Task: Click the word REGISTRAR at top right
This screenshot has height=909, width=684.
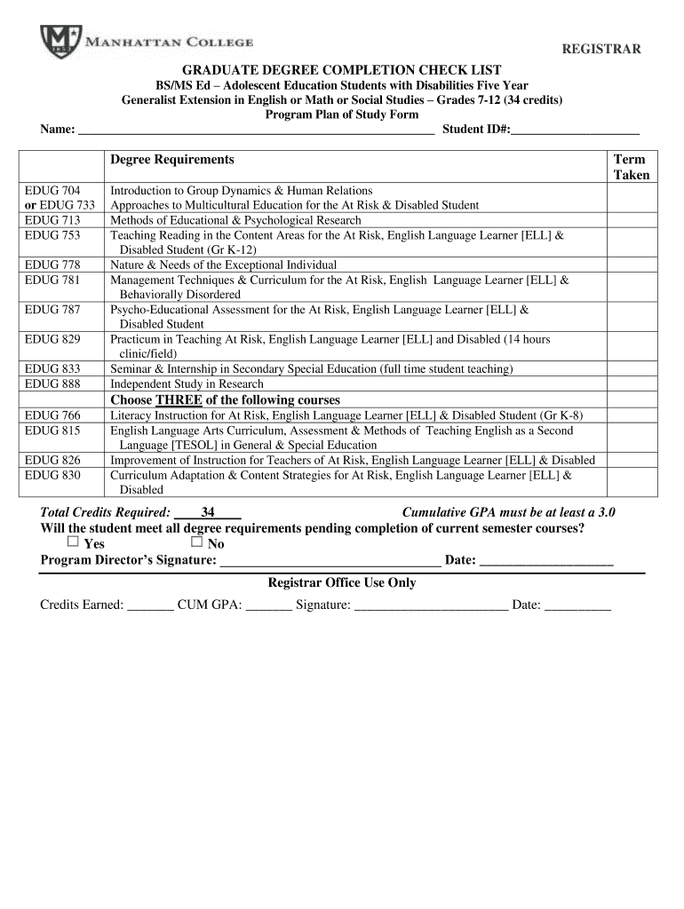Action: (x=600, y=49)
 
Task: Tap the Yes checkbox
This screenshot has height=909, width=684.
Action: (x=73, y=542)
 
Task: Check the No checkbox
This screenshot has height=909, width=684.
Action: (x=196, y=542)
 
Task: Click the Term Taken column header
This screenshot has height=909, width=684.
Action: (x=631, y=167)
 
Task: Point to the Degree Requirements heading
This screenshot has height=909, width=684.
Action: (x=172, y=160)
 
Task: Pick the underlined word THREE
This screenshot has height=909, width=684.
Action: (x=179, y=400)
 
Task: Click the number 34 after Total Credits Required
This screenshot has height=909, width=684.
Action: (x=209, y=512)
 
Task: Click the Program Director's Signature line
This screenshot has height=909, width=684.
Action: (x=330, y=560)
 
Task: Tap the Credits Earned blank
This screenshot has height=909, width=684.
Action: (x=150, y=605)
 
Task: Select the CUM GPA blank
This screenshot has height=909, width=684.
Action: (x=268, y=605)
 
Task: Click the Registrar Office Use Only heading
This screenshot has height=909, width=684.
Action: (x=342, y=583)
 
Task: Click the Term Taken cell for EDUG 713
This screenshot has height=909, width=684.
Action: (x=631, y=220)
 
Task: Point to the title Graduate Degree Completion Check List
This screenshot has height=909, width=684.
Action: (x=342, y=69)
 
